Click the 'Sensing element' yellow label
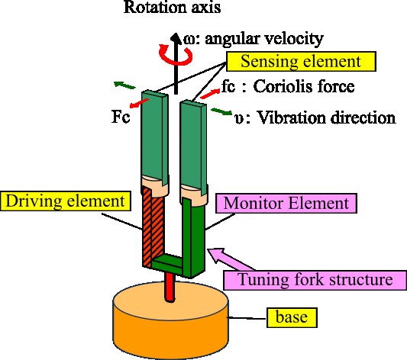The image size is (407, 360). (301, 62)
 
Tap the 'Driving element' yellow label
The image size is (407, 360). (65, 201)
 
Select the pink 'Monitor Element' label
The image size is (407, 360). (286, 203)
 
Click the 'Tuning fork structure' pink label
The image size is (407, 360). (315, 280)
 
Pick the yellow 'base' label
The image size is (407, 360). (292, 317)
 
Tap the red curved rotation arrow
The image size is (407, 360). (176, 55)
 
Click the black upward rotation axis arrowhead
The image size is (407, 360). (176, 37)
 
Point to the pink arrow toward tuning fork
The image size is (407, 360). (231, 259)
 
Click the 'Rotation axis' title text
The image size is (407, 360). (173, 8)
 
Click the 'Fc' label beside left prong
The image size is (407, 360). (121, 117)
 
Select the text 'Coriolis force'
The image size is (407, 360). (304, 86)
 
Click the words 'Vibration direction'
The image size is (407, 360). (326, 118)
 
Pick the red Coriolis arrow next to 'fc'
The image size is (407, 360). (211, 94)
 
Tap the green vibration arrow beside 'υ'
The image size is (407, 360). (221, 111)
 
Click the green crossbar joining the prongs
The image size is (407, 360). (167, 262)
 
